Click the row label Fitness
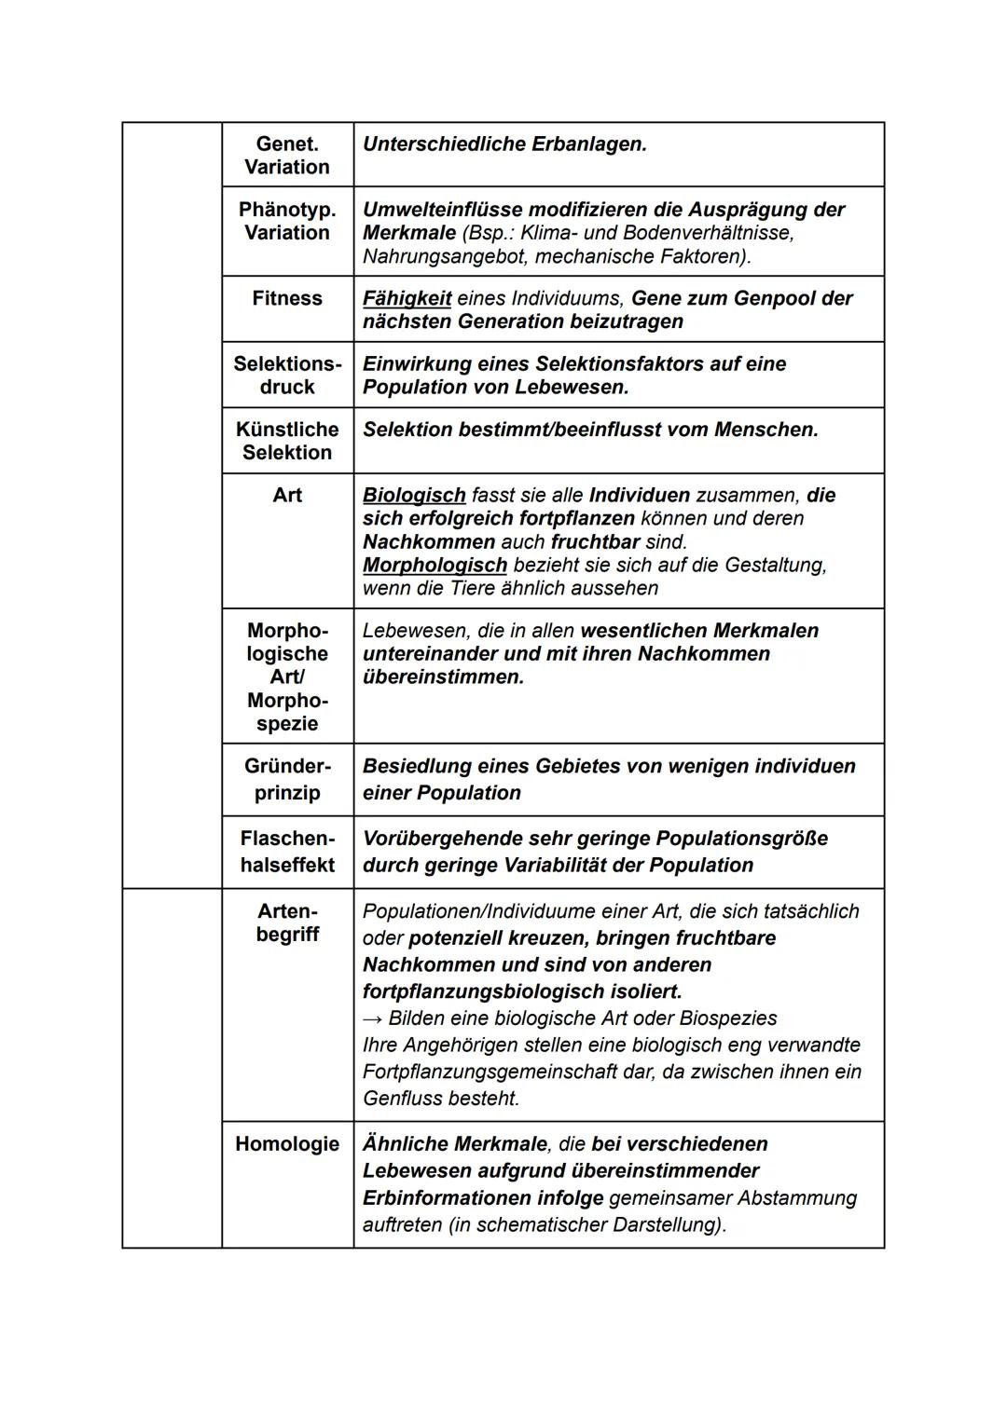click(x=287, y=298)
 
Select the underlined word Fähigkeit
click(x=407, y=298)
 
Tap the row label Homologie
click(x=287, y=1144)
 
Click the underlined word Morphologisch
click(x=435, y=566)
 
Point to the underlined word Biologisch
click(x=414, y=496)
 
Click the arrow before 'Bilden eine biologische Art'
click(x=372, y=1018)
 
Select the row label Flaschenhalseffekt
click(x=287, y=852)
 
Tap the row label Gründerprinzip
click(x=287, y=779)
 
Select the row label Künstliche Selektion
click(x=287, y=441)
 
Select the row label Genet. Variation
click(x=287, y=156)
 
